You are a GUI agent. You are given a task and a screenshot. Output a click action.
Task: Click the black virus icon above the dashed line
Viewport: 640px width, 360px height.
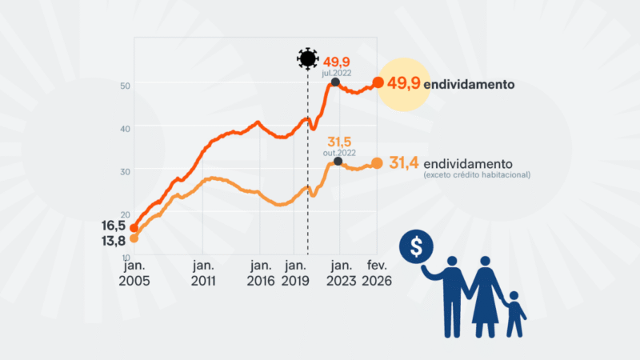click(x=307, y=58)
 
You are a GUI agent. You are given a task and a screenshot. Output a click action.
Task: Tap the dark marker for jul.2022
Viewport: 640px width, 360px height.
click(x=335, y=82)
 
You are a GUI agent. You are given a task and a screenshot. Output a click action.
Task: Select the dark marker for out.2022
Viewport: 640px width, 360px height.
click(x=338, y=162)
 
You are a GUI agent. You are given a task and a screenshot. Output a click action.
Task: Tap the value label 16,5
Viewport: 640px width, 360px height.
click(x=114, y=227)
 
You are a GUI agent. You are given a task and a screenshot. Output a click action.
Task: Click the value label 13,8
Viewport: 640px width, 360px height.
click(x=114, y=240)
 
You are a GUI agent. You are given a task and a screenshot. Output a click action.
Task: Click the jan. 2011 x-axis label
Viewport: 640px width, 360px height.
click(x=203, y=273)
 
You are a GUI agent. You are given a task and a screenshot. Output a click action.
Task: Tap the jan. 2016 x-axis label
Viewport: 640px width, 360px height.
click(x=261, y=273)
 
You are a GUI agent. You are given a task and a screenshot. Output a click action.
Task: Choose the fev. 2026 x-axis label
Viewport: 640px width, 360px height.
click(x=377, y=273)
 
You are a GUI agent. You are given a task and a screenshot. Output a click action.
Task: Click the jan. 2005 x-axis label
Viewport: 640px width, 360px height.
click(x=134, y=273)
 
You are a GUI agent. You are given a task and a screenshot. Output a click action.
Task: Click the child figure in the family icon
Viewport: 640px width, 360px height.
click(x=514, y=314)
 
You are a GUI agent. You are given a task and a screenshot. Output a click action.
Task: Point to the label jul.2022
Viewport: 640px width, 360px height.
click(x=336, y=71)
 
